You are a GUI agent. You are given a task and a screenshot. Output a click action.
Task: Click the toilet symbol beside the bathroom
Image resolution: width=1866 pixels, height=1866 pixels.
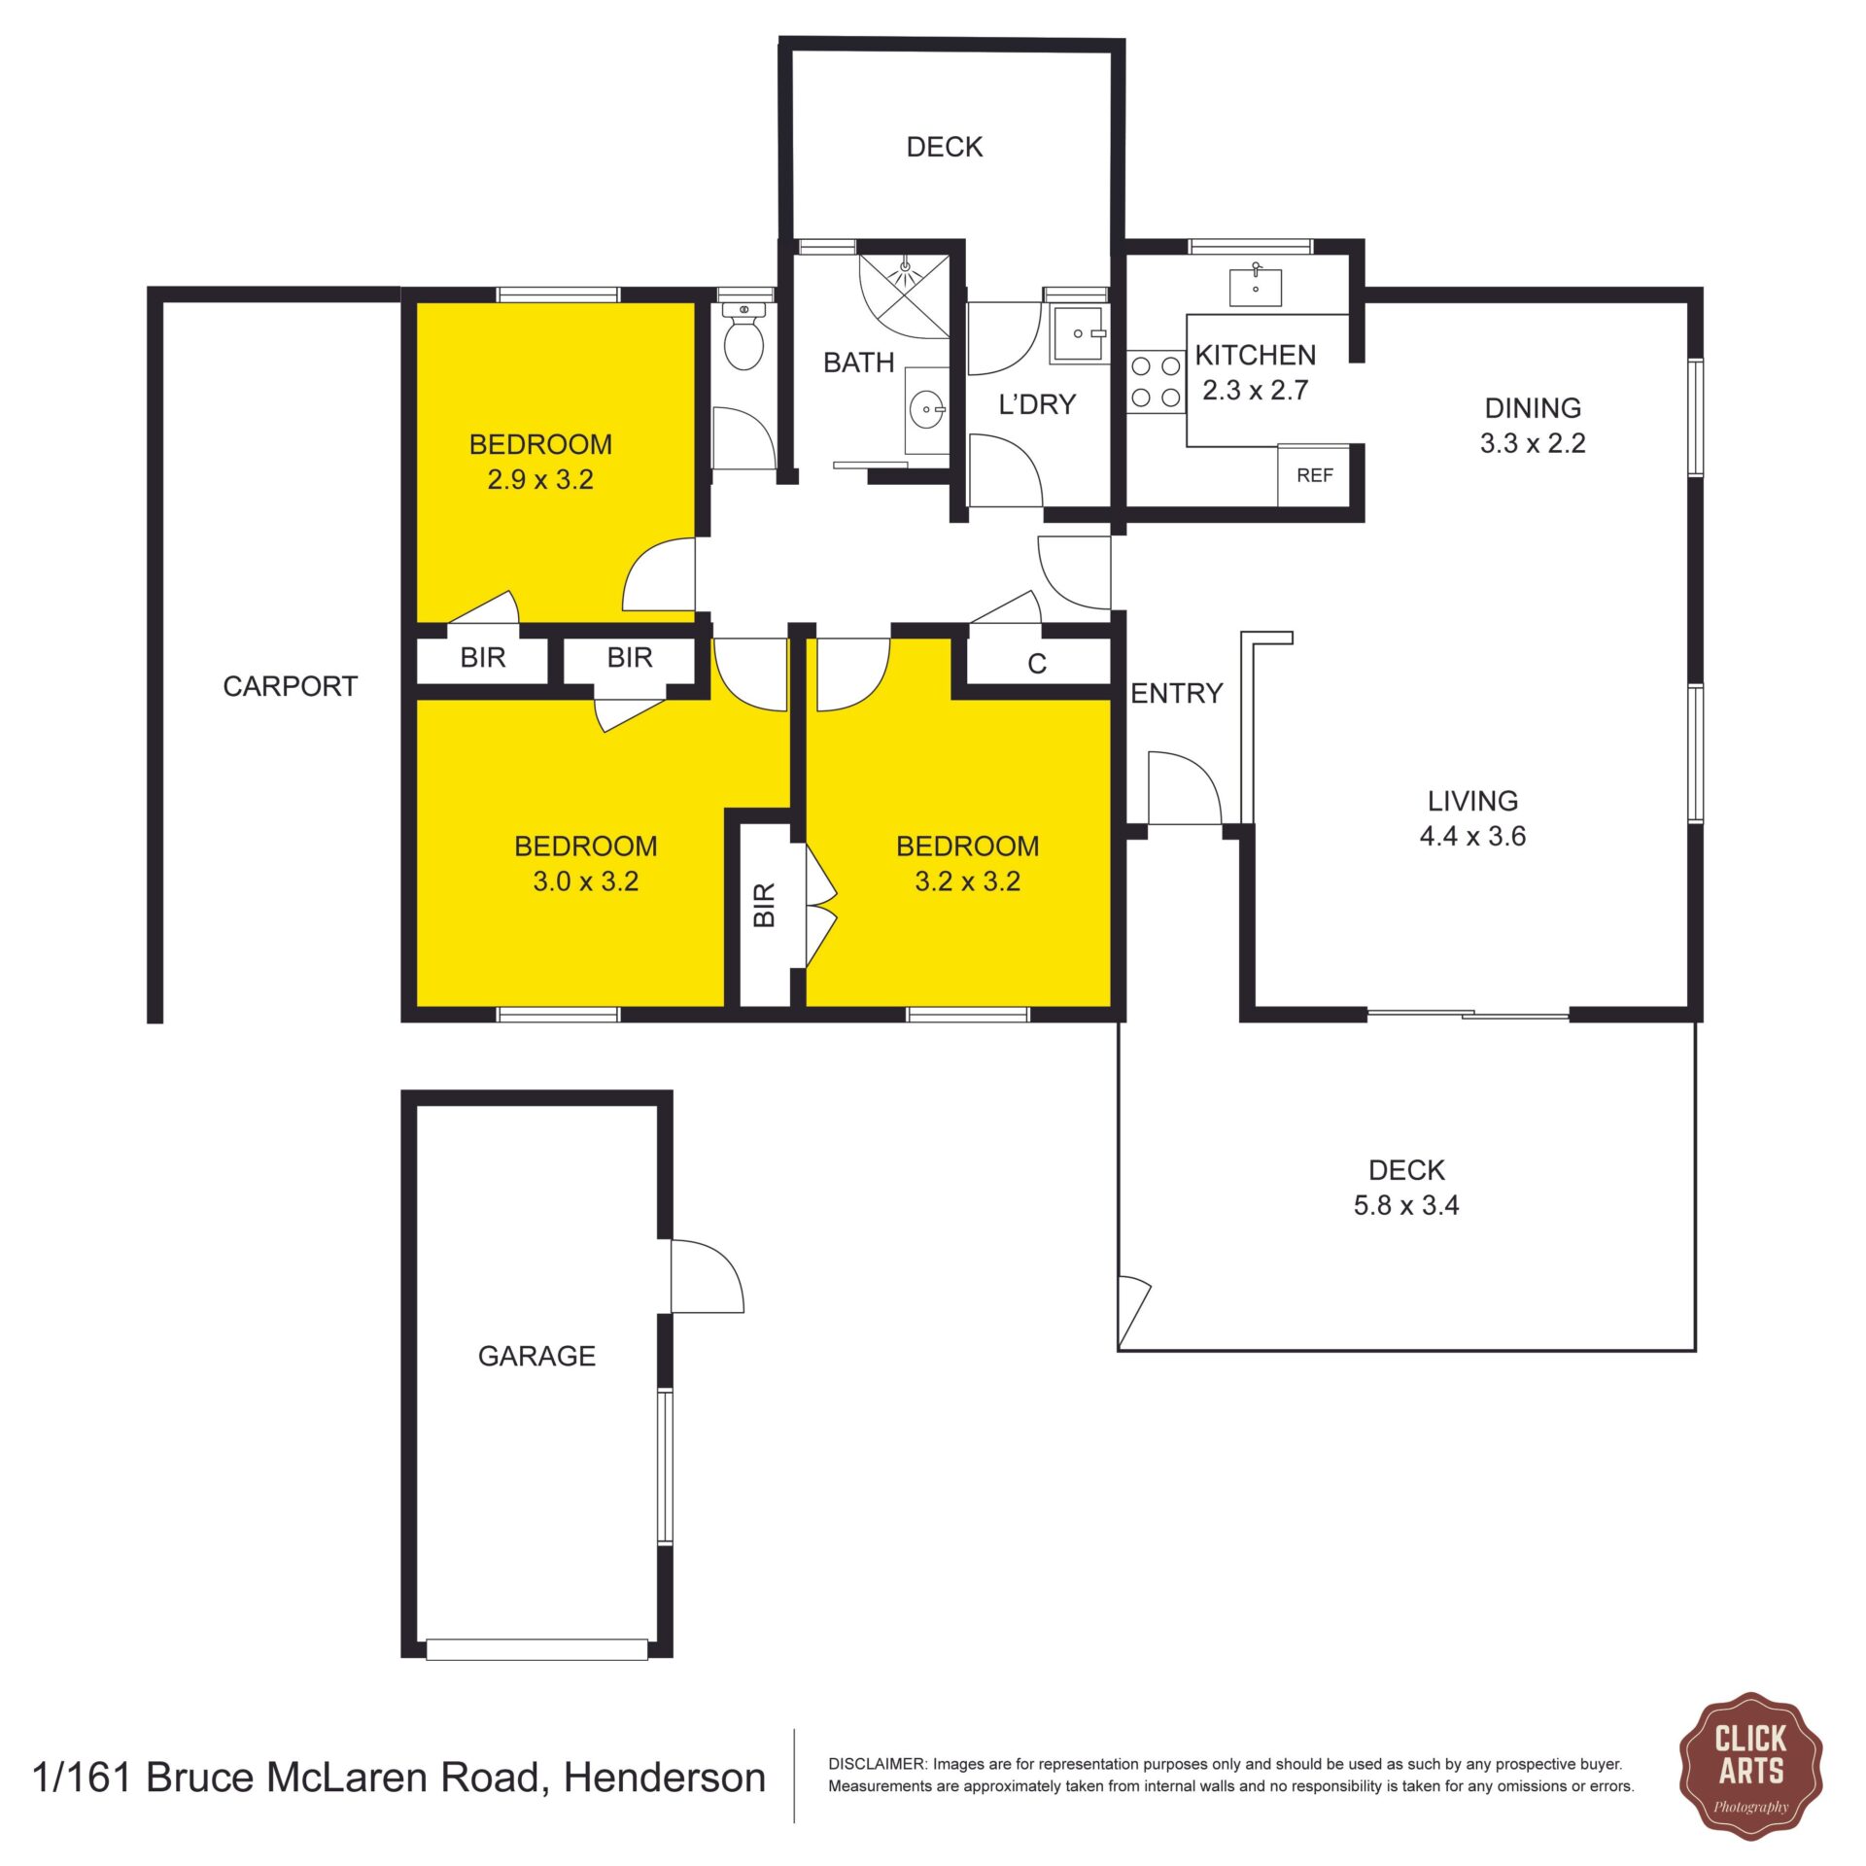(x=744, y=336)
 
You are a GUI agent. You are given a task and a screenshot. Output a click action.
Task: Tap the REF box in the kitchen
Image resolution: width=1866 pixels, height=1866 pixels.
(x=1314, y=475)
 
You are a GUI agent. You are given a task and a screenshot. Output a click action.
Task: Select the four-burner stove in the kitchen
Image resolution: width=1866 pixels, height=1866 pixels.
(x=1157, y=381)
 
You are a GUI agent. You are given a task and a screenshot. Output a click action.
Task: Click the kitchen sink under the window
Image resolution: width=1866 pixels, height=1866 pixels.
(x=1256, y=288)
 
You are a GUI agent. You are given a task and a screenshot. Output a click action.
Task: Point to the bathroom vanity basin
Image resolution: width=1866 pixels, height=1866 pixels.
(x=927, y=410)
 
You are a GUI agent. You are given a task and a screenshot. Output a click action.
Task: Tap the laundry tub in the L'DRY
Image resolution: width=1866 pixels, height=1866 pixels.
(x=1079, y=333)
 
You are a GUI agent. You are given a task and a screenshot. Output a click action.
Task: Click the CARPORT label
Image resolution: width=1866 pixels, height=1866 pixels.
(x=291, y=686)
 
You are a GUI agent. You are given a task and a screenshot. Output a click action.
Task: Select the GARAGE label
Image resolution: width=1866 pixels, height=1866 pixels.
(x=536, y=1356)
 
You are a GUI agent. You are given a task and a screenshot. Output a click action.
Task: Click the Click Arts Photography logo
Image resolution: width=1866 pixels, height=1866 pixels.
(x=1750, y=1780)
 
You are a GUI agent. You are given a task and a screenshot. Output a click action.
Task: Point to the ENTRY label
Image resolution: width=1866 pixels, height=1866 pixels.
(x=1176, y=693)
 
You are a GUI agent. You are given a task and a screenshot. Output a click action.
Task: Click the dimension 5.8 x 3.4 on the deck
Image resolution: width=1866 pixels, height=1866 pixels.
(x=1406, y=1205)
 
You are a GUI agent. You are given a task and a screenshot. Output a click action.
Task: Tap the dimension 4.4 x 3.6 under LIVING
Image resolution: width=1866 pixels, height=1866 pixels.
(x=1472, y=836)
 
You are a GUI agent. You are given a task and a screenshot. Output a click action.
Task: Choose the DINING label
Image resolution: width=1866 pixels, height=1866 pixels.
(x=1533, y=407)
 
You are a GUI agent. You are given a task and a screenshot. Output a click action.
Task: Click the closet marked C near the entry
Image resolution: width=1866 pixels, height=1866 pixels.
(x=1037, y=664)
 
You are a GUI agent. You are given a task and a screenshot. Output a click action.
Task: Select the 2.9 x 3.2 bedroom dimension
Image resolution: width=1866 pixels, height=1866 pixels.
(x=540, y=479)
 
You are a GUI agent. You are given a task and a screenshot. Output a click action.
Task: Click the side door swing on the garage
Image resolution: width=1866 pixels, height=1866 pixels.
(x=708, y=1276)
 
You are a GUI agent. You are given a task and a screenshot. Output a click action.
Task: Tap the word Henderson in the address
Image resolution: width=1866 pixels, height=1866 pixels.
(x=665, y=1778)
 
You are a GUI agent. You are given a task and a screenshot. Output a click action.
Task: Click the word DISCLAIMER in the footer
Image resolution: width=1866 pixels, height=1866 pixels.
(x=877, y=1764)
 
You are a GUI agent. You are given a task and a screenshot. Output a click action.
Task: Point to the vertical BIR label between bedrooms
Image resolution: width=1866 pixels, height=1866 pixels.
(x=765, y=904)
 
